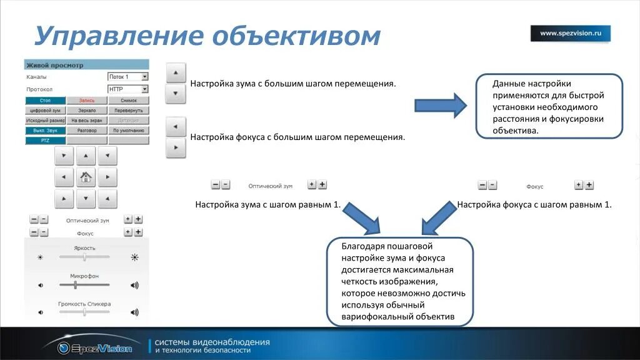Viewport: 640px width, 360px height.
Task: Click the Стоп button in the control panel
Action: pos(45,100)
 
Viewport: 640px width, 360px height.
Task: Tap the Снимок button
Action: pos(129,100)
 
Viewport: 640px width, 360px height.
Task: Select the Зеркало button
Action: pos(87,110)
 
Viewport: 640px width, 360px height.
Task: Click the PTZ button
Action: pos(45,141)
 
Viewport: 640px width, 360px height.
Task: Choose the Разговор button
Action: pos(87,131)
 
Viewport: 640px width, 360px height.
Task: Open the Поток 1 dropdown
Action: pos(128,77)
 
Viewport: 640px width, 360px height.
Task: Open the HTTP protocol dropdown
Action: pos(128,89)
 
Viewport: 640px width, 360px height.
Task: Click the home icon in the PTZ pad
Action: pos(86,177)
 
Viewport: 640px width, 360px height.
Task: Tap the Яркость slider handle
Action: pos(84,257)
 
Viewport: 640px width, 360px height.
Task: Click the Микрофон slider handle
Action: pos(75,284)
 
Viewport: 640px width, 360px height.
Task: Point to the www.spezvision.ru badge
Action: pos(570,34)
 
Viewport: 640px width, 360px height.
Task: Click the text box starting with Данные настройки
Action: pos(549,106)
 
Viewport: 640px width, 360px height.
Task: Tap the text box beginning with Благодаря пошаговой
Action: pos(400,281)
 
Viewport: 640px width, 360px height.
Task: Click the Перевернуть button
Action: pos(129,110)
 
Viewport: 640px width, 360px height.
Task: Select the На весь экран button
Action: pos(87,120)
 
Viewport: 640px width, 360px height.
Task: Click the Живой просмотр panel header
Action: pos(87,65)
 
